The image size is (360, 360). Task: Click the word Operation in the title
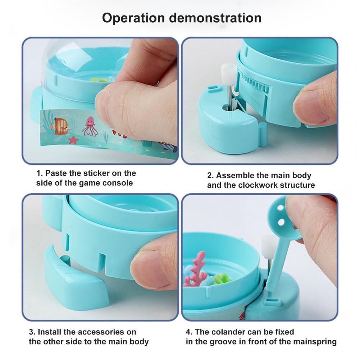point(134,18)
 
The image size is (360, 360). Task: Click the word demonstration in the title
point(215,18)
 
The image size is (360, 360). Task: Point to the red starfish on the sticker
point(73,140)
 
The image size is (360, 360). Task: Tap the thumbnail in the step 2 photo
point(313,108)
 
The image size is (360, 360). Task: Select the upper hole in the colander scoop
point(280,208)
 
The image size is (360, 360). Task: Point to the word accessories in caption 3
point(101,332)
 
